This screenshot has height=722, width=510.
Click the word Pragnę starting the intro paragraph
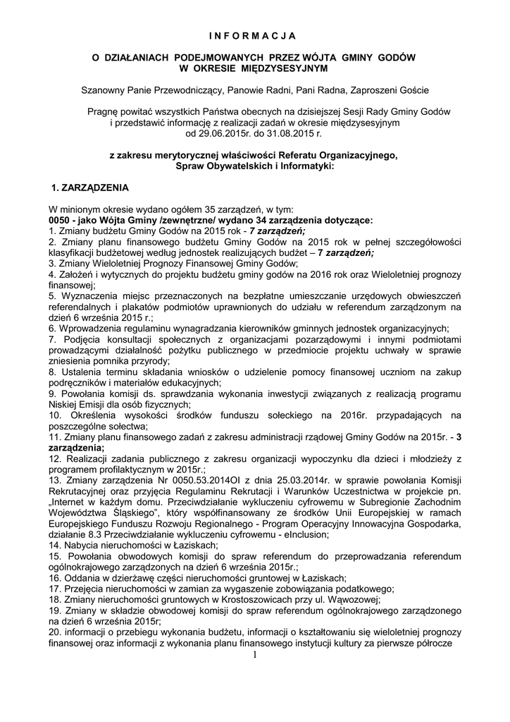tap(104, 111)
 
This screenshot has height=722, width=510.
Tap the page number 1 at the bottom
tap(254, 656)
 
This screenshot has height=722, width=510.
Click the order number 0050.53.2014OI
tap(170, 480)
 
